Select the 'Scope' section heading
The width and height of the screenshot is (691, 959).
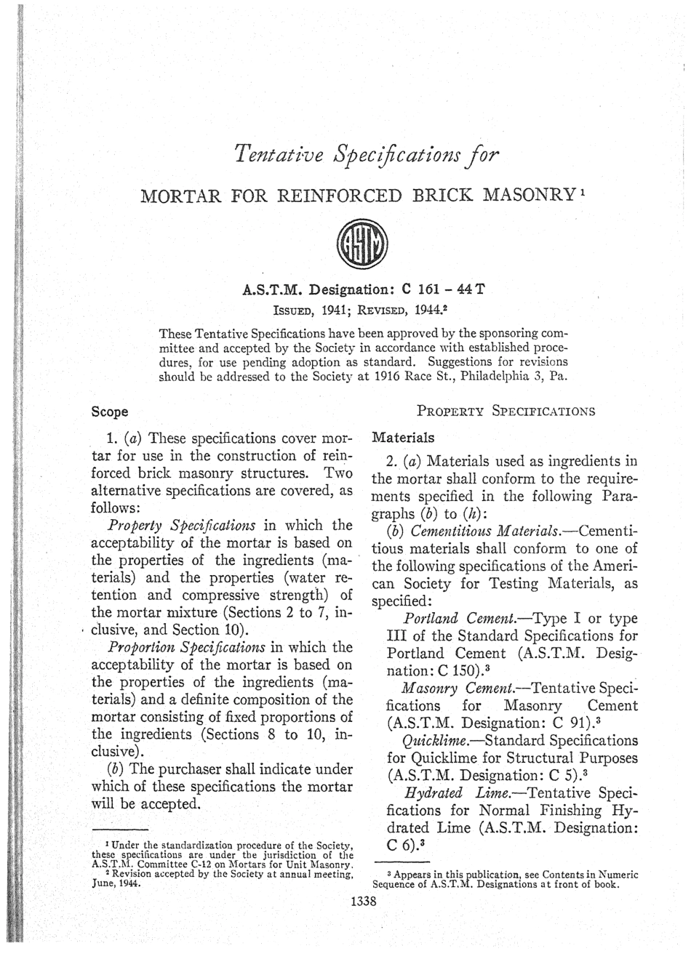[x=110, y=412]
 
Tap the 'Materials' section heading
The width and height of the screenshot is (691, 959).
[x=402, y=438]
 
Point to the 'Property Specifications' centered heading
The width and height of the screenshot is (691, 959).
[x=506, y=411]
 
